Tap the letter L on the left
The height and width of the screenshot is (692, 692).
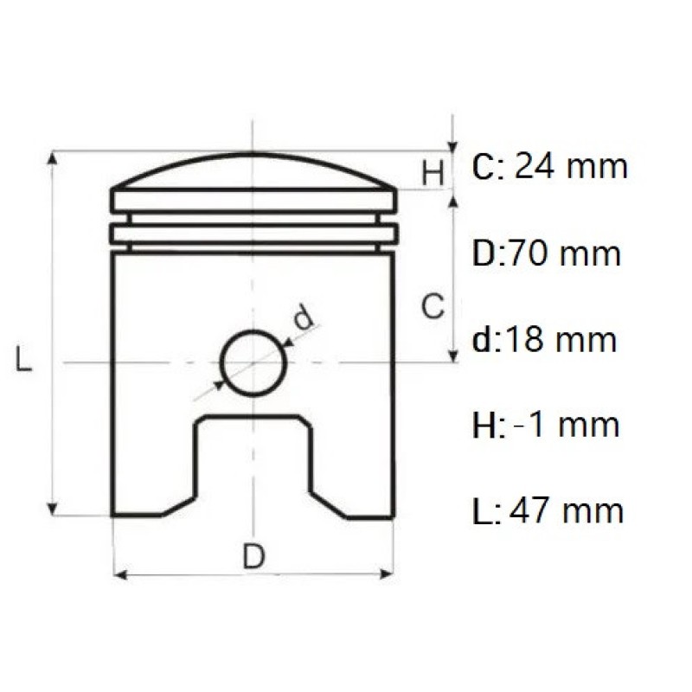[25, 359]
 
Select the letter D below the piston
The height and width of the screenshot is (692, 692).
[253, 557]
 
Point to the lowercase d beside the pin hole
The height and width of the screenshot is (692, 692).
[303, 318]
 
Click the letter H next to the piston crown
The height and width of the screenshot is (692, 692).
[433, 173]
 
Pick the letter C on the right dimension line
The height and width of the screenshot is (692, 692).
[432, 304]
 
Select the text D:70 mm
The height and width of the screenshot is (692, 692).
[547, 253]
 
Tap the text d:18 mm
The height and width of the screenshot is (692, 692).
[545, 339]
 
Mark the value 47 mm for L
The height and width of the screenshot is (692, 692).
[567, 510]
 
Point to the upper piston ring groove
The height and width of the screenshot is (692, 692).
[253, 219]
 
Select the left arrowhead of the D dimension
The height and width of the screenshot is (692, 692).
[120, 574]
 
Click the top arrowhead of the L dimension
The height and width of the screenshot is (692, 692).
[54, 158]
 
